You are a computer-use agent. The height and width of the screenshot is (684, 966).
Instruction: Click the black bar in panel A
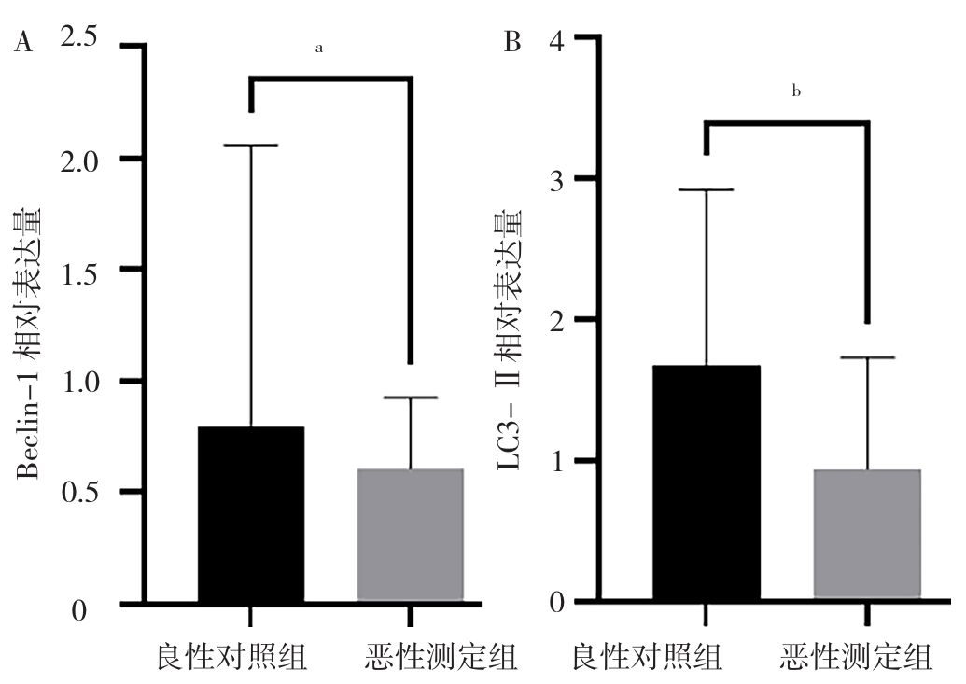(250, 514)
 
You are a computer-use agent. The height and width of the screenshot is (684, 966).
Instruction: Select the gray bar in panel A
(412, 535)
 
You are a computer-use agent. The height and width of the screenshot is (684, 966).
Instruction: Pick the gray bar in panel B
(867, 535)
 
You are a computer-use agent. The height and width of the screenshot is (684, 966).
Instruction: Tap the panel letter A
(22, 44)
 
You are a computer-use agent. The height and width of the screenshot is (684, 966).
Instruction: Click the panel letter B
(511, 44)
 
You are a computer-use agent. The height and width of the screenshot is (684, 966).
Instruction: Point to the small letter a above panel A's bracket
(319, 48)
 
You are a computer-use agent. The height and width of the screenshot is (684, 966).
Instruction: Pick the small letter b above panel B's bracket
(796, 91)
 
